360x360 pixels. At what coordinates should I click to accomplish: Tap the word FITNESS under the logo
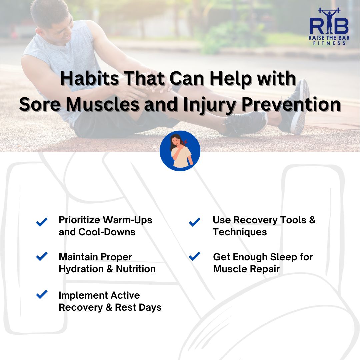click(329, 43)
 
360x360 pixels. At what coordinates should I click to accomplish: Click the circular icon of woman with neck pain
click(180, 151)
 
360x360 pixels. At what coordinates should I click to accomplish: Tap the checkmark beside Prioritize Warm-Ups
click(42, 222)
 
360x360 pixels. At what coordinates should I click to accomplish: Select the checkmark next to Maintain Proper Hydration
click(42, 256)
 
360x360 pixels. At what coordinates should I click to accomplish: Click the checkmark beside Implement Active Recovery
click(42, 294)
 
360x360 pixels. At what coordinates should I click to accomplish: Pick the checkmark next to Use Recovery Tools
click(194, 222)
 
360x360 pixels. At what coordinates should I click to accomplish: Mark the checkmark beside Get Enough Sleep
click(194, 256)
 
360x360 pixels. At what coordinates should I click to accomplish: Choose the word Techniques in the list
click(240, 232)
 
